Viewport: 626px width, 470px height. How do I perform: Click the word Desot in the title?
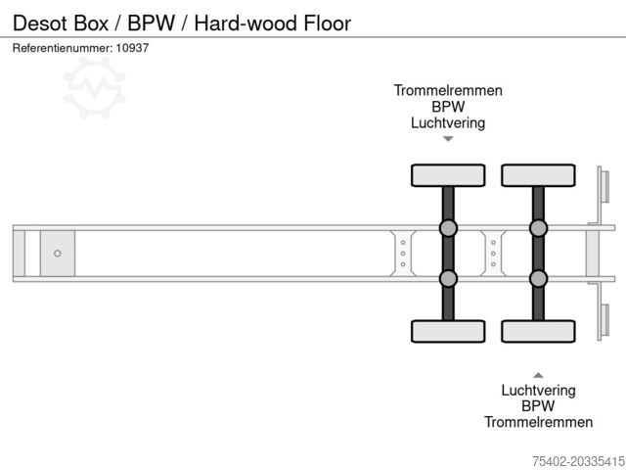point(37,23)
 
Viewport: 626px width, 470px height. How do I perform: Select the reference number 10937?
point(131,48)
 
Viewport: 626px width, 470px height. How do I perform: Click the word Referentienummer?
point(60,48)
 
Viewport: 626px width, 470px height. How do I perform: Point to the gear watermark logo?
point(95,88)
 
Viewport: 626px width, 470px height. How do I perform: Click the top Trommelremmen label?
point(448,90)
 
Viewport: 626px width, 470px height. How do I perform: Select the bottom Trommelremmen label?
point(538,422)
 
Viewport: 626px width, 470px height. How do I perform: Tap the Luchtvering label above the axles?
point(448,123)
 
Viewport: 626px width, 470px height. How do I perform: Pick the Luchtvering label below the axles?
point(538,390)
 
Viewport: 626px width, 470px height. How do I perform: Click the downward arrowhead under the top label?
point(448,139)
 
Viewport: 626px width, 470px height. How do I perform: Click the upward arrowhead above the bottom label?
point(538,374)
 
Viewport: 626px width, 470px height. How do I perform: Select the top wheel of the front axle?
point(448,175)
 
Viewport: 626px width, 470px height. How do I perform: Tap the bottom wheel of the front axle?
point(448,331)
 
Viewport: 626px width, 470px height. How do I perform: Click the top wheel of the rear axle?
point(538,175)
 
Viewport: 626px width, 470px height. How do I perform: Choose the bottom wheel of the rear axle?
point(538,331)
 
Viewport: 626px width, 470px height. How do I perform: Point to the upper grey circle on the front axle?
point(448,229)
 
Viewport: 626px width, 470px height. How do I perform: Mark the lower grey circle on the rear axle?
point(538,278)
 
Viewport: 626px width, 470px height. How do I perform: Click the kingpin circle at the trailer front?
point(58,254)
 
